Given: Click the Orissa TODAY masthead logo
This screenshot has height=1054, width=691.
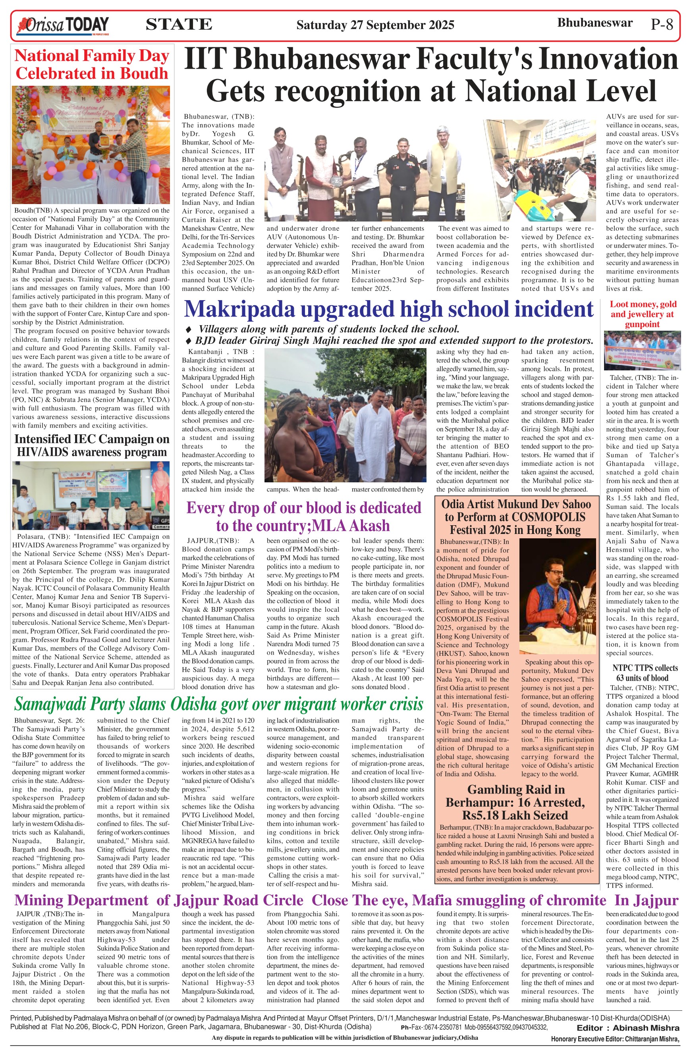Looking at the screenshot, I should pyautogui.click(x=62, y=25).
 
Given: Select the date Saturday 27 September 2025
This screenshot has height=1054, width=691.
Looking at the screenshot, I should pyautogui.click(x=375, y=25).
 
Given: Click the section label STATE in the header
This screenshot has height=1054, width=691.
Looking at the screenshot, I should pyautogui.click(x=179, y=24).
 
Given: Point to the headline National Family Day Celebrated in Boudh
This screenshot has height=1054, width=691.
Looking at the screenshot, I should pyautogui.click(x=92, y=64).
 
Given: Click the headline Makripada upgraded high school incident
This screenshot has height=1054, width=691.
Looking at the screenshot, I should pyautogui.click(x=388, y=309).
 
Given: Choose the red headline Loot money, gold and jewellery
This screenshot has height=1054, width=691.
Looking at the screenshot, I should pyautogui.click(x=642, y=314).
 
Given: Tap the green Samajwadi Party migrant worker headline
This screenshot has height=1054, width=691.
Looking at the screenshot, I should pyautogui.click(x=219, y=704).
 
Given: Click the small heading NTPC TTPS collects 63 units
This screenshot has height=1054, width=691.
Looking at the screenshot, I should pyautogui.click(x=642, y=673).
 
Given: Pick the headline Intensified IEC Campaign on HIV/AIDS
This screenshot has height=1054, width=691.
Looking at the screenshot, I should pyautogui.click(x=92, y=445).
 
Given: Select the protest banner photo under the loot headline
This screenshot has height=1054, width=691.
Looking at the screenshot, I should pyautogui.click(x=642, y=351).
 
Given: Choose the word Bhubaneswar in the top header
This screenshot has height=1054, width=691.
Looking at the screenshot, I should pyautogui.click(x=594, y=23).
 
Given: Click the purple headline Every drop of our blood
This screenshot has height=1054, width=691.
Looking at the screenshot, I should pyautogui.click(x=303, y=516).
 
